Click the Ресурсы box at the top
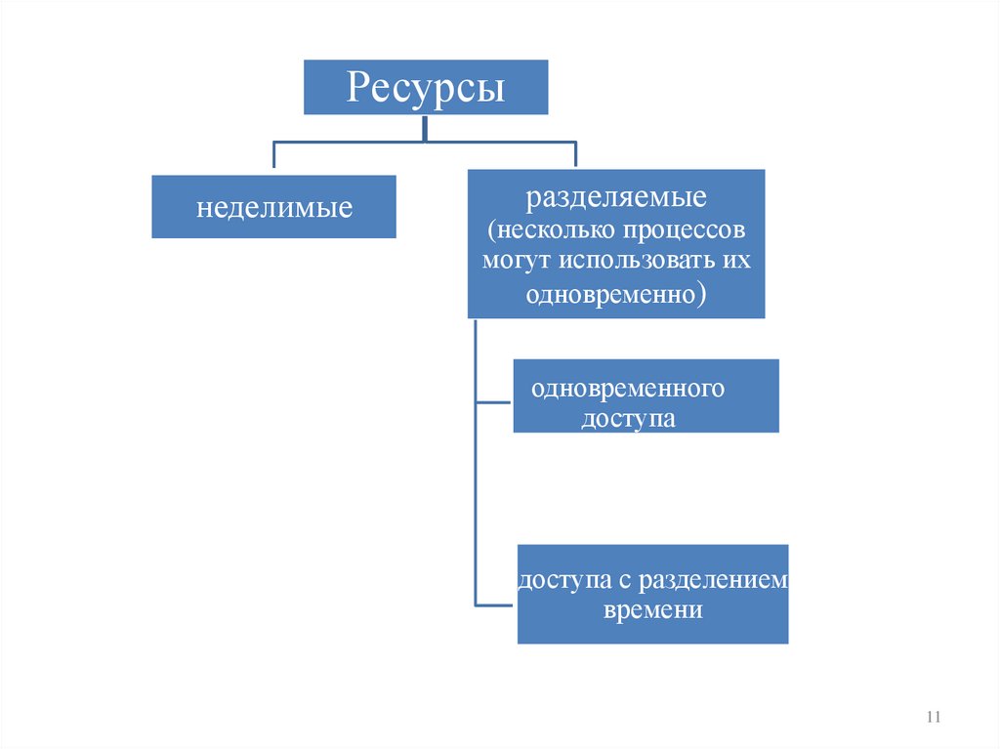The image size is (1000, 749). coord(425,87)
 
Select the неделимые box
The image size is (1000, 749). coord(273,207)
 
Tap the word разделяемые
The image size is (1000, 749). coord(616,199)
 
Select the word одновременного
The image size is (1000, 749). coord(628,388)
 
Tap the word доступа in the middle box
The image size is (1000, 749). coord(629,419)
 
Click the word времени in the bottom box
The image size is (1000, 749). coord(653,609)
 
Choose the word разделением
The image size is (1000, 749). coord(714,580)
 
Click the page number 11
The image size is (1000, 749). coord(932,718)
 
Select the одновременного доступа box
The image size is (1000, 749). coord(646,395)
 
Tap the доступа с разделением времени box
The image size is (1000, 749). coord(652,594)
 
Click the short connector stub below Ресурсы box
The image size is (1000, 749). coord(425,128)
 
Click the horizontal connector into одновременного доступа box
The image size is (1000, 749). coord(493,401)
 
